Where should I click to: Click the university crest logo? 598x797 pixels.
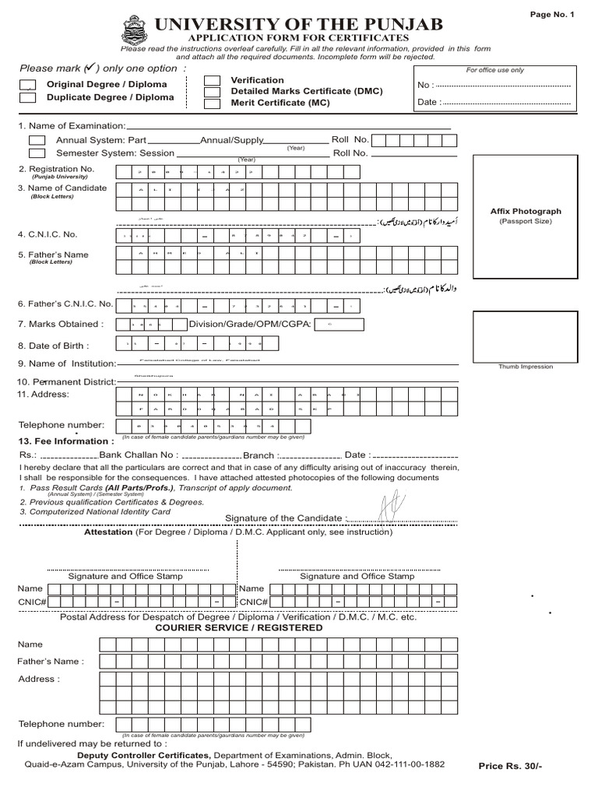point(133,30)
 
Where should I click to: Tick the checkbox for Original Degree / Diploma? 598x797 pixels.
point(27,85)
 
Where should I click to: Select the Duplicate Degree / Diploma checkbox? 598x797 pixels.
point(27,98)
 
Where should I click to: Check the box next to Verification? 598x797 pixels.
point(212,80)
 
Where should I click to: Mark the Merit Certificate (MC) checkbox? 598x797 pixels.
point(212,103)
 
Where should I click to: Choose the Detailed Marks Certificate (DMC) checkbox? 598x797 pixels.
point(212,92)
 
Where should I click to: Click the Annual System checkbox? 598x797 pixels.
point(37,140)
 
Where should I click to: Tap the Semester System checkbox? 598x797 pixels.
point(37,153)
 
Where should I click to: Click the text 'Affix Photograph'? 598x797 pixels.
point(526,211)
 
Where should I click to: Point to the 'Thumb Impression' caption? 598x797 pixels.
point(526,367)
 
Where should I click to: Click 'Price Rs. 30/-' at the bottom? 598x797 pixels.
point(510,766)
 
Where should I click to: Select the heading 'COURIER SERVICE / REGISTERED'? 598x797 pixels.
point(239,627)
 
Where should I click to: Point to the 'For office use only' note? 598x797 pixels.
point(494,70)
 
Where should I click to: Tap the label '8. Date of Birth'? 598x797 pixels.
point(54,346)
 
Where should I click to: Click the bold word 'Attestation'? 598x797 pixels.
point(108,532)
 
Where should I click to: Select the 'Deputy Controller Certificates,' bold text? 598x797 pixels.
point(143,755)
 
